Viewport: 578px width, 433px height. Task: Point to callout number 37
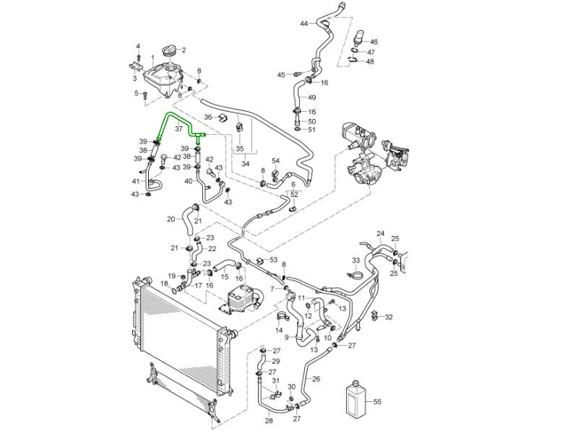[x=178, y=130]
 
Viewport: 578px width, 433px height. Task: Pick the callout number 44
[x=304, y=24]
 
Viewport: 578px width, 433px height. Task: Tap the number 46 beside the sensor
[x=373, y=43]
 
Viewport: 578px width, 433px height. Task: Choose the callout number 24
[x=380, y=233]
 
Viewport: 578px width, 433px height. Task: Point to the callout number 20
[x=171, y=219]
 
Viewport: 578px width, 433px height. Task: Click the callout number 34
[x=246, y=164]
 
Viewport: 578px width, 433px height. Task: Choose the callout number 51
[x=312, y=130]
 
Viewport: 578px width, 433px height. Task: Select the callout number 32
[x=389, y=317]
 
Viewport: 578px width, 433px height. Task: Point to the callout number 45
[x=281, y=74]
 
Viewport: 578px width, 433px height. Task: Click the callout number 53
[x=273, y=259]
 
